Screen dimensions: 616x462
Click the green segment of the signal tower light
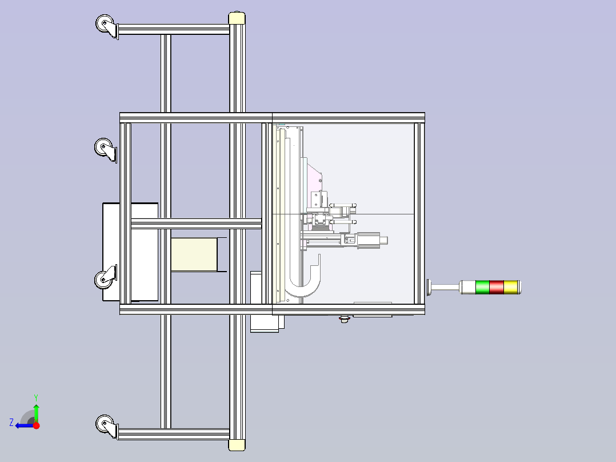coord(482,287)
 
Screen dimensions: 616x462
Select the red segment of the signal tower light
coord(497,287)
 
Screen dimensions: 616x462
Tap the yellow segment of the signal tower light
coord(511,287)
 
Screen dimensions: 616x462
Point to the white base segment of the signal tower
coord(467,287)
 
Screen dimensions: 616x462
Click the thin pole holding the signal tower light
coord(446,288)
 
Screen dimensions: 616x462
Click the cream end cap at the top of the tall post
coord(237,18)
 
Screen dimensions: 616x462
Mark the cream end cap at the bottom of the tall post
coord(237,445)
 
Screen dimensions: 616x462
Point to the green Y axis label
coord(36,397)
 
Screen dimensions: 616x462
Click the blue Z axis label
coord(11,423)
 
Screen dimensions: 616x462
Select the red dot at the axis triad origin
coord(36,425)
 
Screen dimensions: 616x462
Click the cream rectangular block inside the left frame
coord(194,254)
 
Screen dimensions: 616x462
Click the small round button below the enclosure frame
coord(344,319)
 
